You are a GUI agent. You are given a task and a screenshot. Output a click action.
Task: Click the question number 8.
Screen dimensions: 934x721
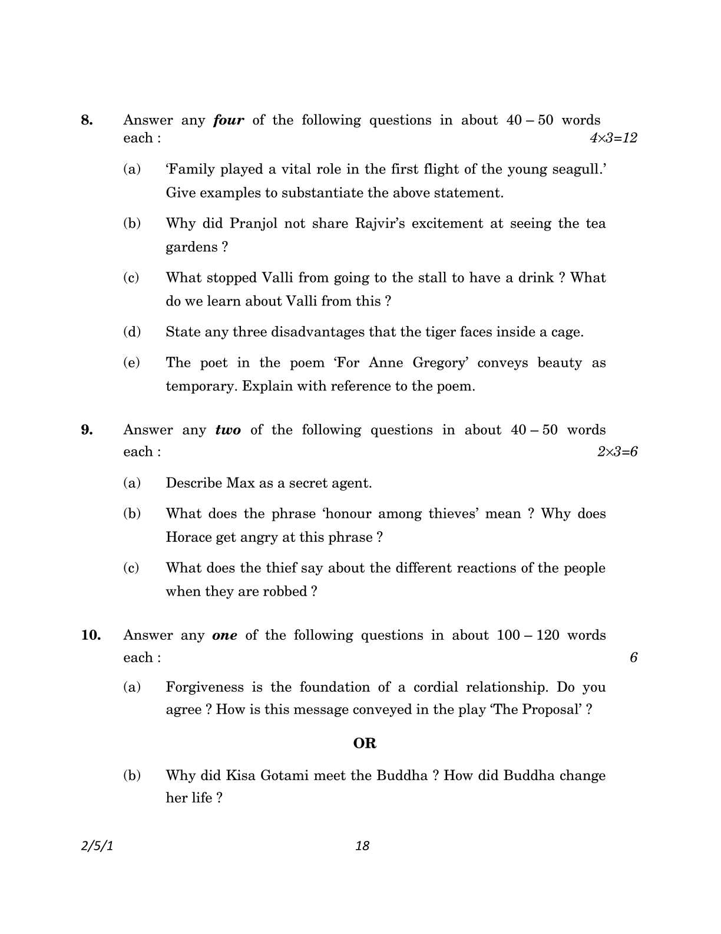click(x=87, y=120)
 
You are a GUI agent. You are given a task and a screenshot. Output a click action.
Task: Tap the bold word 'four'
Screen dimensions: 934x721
click(x=229, y=120)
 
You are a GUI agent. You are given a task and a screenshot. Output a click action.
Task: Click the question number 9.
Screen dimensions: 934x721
click(x=87, y=430)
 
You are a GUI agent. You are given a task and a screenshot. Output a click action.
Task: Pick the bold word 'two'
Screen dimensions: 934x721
click(x=228, y=430)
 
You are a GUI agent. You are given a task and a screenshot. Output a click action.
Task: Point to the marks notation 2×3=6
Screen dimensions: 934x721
click(x=617, y=452)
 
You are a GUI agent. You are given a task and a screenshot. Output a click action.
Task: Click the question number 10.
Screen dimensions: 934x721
click(x=91, y=635)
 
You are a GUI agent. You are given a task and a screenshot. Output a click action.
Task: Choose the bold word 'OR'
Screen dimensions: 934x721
click(x=365, y=743)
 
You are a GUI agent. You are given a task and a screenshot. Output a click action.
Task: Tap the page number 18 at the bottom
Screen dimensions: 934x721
click(x=362, y=846)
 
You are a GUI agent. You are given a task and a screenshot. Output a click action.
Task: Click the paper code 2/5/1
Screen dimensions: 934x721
click(x=97, y=846)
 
